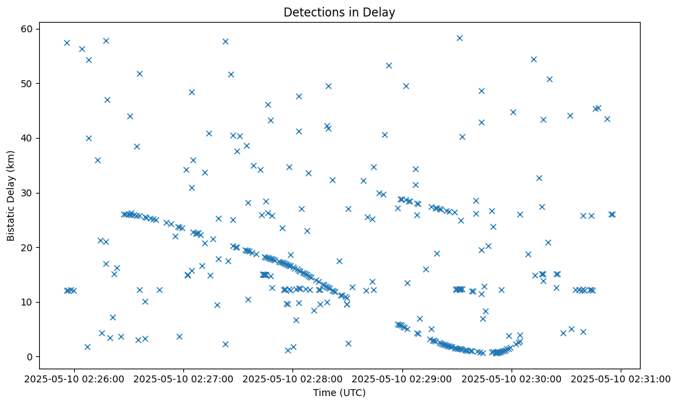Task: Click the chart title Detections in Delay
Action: click(339, 12)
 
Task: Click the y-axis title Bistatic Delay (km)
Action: click(12, 196)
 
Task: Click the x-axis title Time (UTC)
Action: click(339, 393)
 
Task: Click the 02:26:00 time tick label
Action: click(74, 378)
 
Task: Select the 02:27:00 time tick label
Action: click(184, 378)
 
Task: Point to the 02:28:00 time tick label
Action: click(293, 378)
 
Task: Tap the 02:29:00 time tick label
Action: click(402, 378)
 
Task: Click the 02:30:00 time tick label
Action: click(512, 378)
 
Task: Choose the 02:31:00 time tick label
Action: click(621, 378)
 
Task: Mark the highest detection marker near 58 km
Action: click(459, 38)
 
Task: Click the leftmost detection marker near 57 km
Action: click(67, 43)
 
